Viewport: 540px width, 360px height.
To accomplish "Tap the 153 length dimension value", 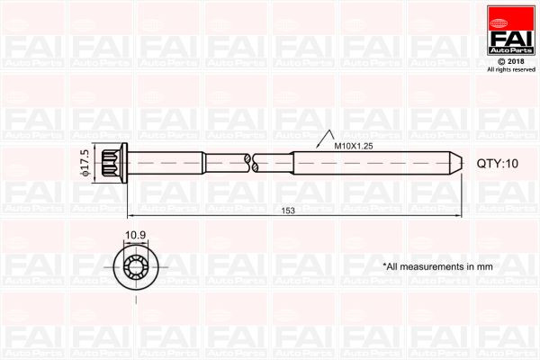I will pyautogui.click(x=288, y=210).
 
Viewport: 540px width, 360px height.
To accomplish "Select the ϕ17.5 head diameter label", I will pyautogui.click(x=84, y=164).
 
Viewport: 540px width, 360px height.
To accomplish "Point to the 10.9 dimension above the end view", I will pyautogui.click(x=135, y=236).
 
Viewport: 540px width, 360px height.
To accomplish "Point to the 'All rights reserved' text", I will pyautogui.click(x=511, y=69).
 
